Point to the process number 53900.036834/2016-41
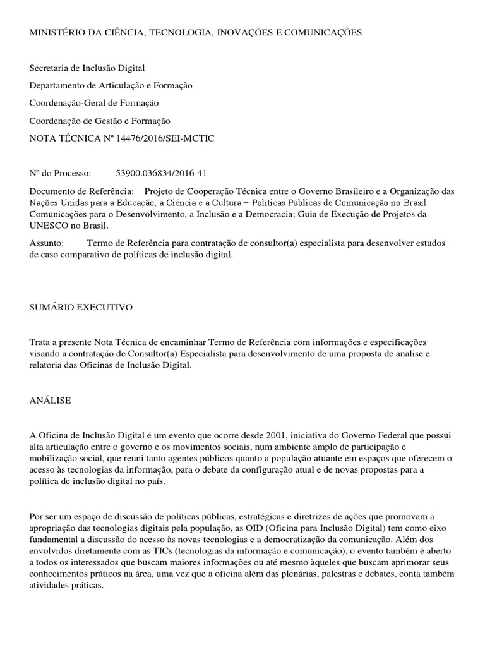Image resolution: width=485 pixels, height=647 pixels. (x=162, y=173)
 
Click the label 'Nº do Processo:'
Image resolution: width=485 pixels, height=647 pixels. (x=61, y=173)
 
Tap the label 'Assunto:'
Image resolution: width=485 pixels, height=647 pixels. (x=47, y=243)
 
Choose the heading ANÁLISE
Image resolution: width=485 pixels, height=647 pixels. (x=50, y=401)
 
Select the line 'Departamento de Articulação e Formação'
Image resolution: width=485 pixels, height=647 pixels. (x=111, y=85)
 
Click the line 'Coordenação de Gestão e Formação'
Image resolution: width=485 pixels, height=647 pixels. (x=100, y=121)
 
